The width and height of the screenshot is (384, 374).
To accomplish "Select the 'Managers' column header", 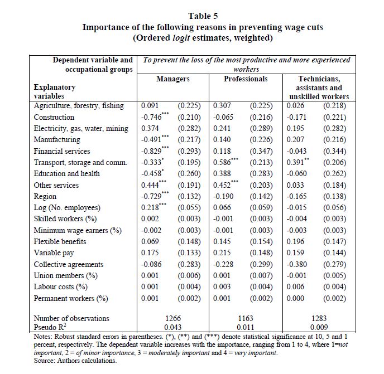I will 173,79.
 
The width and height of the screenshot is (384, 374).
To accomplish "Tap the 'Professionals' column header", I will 246,79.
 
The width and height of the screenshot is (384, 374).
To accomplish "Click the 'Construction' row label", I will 54,117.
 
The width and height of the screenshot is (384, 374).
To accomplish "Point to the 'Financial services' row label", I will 63,151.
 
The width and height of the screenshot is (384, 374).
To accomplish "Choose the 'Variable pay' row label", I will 54,253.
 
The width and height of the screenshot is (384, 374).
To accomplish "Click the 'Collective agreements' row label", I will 68,264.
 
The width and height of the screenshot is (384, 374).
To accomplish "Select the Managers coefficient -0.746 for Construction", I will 151,117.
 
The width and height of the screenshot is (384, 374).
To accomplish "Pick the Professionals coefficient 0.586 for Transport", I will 223,162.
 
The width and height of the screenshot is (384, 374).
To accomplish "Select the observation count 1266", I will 173,318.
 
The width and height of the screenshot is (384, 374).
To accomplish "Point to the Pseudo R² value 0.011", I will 246,328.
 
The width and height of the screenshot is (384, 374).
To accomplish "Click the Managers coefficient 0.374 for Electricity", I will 150,128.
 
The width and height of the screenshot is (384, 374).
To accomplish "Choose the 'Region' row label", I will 45,196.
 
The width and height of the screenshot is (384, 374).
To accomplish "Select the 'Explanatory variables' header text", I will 55,91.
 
